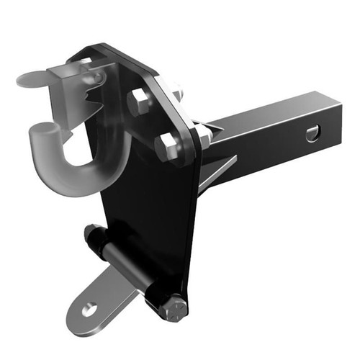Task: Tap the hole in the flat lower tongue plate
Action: pos(89,310)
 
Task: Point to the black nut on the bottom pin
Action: pos(91,234)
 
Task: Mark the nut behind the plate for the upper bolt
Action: pos(176,92)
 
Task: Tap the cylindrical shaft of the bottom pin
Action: pos(133,270)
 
